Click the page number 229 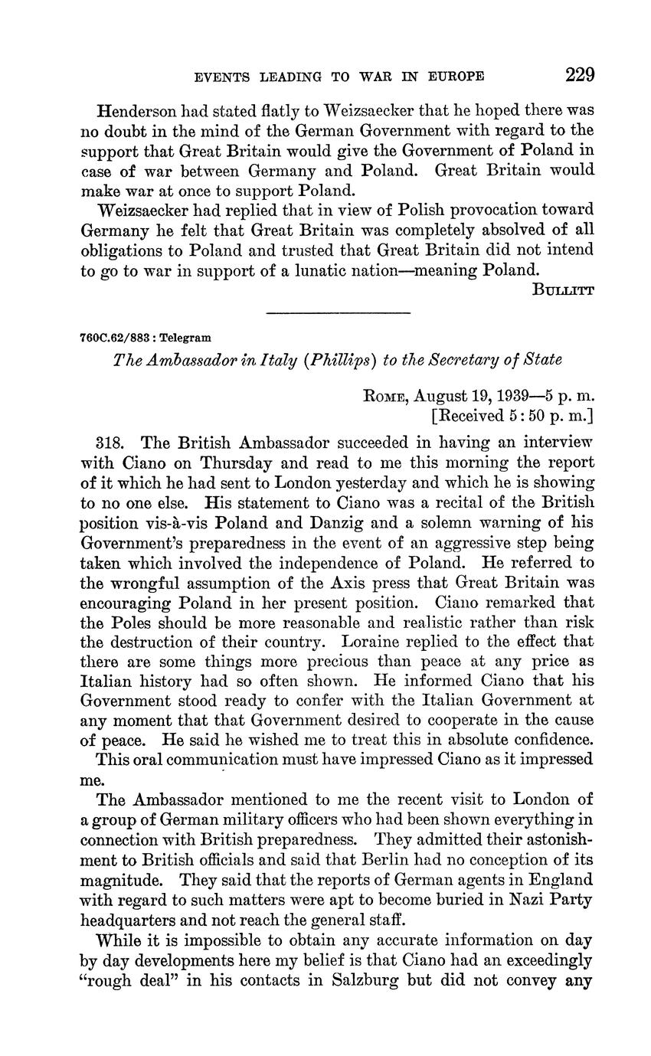[x=580, y=75]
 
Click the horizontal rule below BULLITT [x=338, y=312]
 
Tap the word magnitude [x=117, y=880]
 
